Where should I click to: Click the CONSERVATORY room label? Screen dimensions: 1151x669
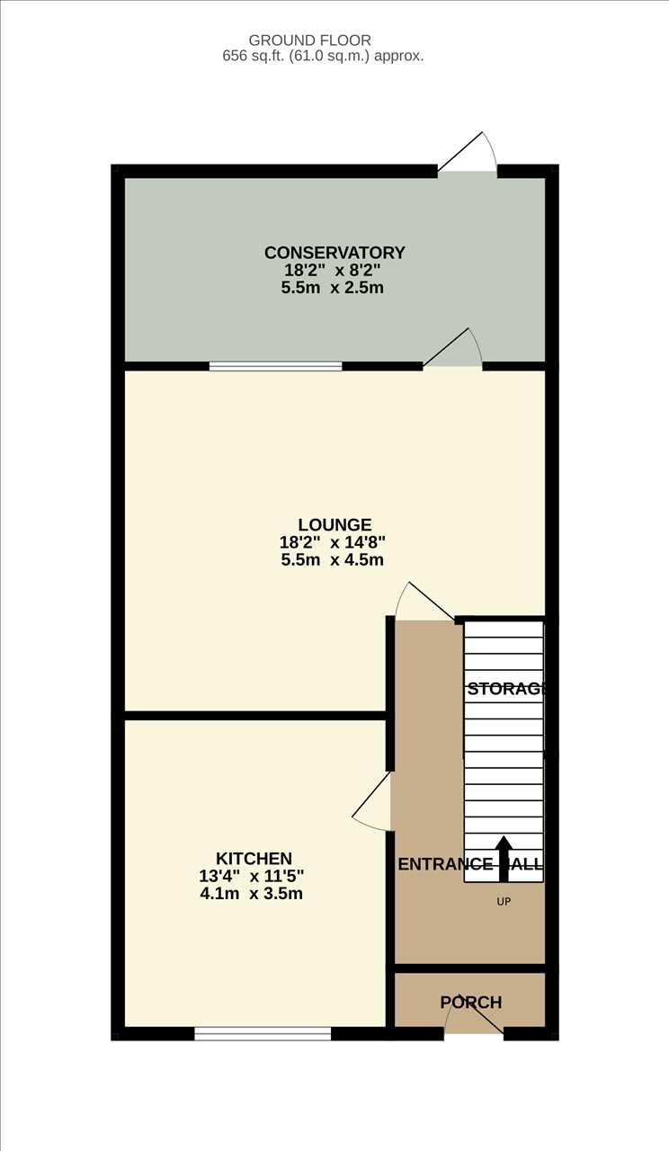[x=334, y=253]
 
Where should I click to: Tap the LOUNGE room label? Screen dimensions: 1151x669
[x=334, y=524]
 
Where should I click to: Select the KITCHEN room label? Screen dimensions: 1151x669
[x=254, y=858]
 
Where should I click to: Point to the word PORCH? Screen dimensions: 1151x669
[x=470, y=1002]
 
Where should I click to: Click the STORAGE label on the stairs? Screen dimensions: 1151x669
[x=506, y=690]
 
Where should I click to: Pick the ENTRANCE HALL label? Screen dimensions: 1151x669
[x=470, y=865]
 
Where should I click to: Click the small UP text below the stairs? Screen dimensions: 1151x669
[x=504, y=900]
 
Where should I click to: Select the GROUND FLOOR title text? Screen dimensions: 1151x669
[x=310, y=40]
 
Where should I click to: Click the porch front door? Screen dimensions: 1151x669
[x=474, y=1019]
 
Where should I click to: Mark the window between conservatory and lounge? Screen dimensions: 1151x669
[x=275, y=366]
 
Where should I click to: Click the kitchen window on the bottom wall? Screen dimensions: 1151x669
[x=263, y=1034]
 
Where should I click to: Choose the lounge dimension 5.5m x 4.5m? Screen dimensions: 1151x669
[x=332, y=559]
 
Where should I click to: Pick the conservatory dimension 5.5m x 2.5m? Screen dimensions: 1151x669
[x=333, y=288]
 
